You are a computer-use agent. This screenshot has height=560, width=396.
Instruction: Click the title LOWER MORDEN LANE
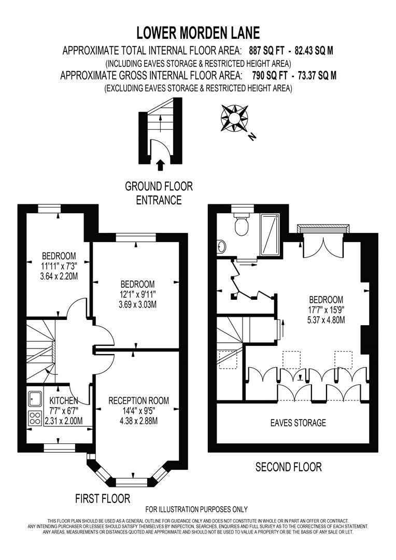198,33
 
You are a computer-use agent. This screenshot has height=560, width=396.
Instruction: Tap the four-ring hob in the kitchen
35,418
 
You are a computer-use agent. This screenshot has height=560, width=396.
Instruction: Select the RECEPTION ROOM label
138,400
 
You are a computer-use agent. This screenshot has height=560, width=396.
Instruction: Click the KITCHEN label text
64,401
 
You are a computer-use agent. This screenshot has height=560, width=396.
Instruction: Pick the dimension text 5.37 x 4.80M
326,319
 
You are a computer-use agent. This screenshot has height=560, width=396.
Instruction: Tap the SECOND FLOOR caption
289,467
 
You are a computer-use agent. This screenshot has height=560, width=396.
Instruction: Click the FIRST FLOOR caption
103,499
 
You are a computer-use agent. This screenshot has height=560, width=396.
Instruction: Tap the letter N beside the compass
252,137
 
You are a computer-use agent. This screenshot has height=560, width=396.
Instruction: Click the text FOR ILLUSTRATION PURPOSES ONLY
196,509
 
